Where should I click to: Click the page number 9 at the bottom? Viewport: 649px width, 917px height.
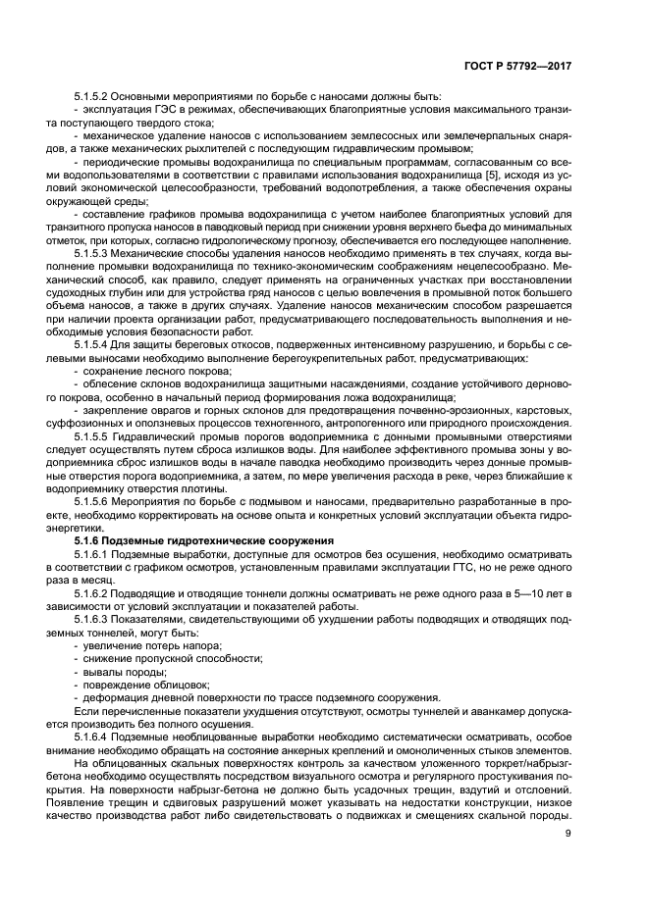tap(568, 835)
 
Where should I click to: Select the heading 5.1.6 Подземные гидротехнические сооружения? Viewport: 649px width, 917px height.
tap(195, 540)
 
